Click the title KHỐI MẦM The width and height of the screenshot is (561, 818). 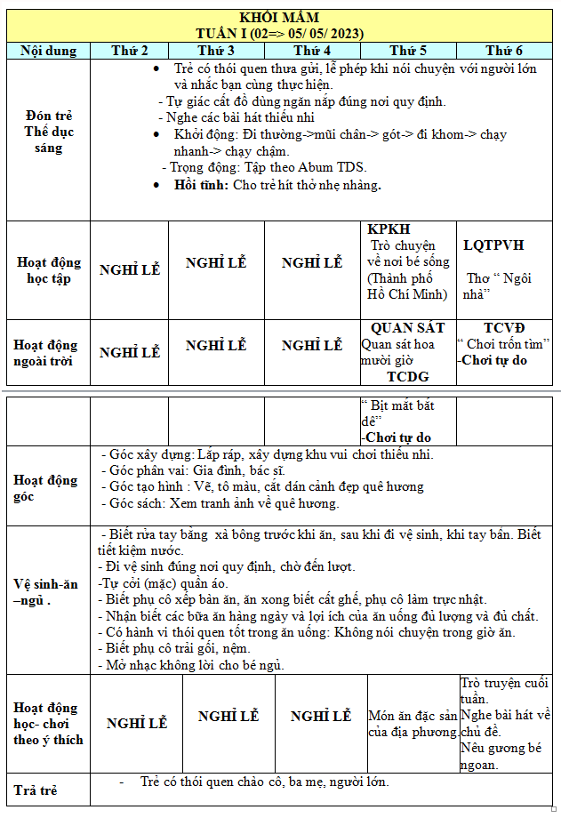[280, 18]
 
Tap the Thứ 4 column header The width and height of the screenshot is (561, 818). [312, 51]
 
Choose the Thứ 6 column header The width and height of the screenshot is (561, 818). [504, 51]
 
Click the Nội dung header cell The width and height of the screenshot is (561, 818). [48, 51]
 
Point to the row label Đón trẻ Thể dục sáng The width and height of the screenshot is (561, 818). [48, 132]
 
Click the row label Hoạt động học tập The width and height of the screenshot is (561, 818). [48, 270]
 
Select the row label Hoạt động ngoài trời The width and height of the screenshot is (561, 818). [48, 352]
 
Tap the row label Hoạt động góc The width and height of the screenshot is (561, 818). [45, 488]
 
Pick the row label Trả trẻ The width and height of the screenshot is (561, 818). [36, 790]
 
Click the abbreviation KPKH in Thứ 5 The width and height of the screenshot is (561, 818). [389, 229]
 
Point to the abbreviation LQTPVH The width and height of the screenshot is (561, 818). [493, 245]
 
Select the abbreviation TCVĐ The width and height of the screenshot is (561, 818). [504, 328]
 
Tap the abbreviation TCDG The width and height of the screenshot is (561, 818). [408, 377]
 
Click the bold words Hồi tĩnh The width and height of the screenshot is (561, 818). [203, 185]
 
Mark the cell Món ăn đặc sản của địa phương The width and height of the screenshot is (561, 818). [413, 724]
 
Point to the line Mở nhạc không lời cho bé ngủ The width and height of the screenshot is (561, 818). [196, 664]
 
